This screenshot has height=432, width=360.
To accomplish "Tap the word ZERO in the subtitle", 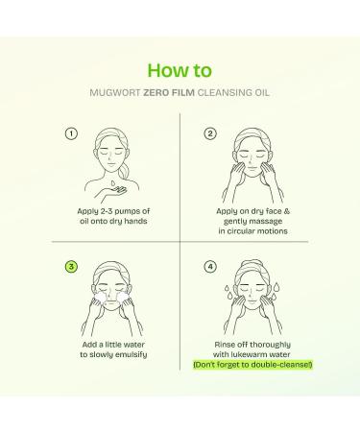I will point(157,93).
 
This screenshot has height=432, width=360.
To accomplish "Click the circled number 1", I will point(70,133).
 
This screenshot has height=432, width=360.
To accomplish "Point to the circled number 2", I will point(210,133).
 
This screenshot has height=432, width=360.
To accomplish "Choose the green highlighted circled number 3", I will point(70,266).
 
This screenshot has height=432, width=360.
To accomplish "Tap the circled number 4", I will point(210,266).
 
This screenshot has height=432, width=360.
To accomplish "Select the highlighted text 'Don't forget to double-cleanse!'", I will point(253,365).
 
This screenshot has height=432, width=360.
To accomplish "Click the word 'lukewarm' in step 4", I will point(252,353).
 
